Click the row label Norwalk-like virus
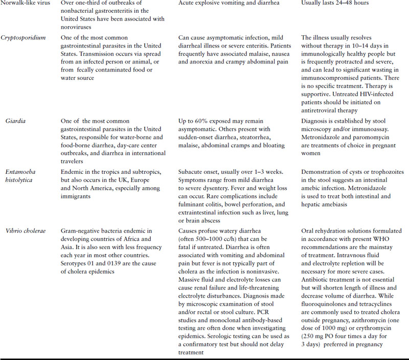coord(24,4)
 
